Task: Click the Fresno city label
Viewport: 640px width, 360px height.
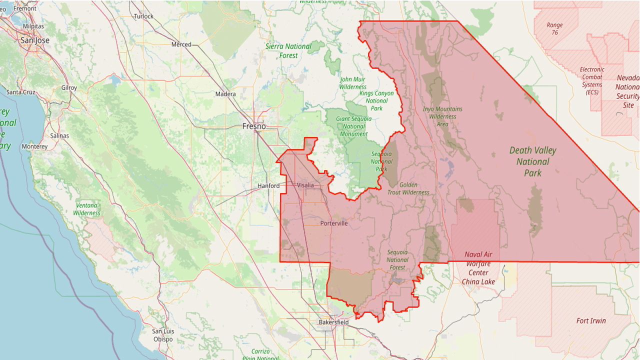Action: coord(254,126)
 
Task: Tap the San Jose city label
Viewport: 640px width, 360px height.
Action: coord(34,40)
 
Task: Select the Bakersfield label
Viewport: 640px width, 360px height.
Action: coord(333,322)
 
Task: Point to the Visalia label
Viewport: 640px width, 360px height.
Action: coord(305,185)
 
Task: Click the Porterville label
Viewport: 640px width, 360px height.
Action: coord(333,223)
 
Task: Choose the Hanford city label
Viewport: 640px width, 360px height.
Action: coord(268,186)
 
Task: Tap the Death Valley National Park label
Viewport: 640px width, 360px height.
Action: coord(532,161)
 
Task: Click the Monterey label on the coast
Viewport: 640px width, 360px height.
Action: coord(34,146)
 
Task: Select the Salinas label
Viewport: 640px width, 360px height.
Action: coord(59,135)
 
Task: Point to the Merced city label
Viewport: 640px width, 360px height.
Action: coord(181,44)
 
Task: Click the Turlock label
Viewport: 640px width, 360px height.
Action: coord(143,16)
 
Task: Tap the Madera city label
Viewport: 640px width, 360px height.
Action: coord(225,94)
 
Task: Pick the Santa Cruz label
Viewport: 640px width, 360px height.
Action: coord(20,92)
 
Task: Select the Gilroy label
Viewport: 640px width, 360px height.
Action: coord(69,87)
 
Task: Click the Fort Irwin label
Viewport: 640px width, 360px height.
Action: coord(591,320)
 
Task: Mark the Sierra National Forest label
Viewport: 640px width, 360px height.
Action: coord(288,50)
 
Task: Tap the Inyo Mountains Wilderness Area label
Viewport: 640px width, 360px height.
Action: coord(442,116)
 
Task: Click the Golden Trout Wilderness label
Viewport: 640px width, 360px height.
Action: coord(408,188)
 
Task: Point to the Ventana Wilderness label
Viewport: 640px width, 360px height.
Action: coord(86,209)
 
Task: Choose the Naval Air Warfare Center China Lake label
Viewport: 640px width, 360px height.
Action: coord(478,268)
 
